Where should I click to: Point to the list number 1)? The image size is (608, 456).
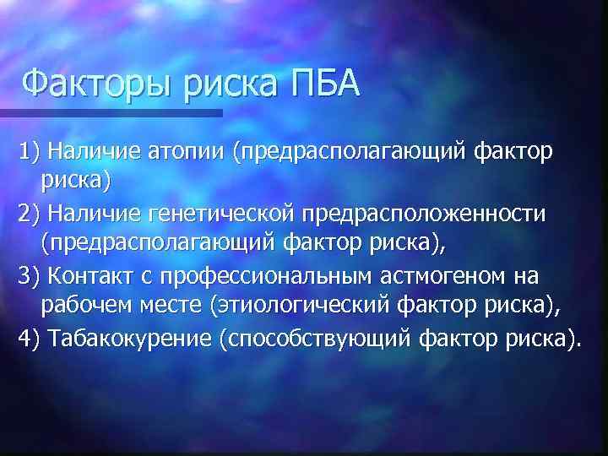[x=31, y=151]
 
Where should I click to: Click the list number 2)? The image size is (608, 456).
[x=31, y=214]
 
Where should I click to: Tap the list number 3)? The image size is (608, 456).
[x=31, y=276]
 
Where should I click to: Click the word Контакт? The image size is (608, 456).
[x=87, y=276]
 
